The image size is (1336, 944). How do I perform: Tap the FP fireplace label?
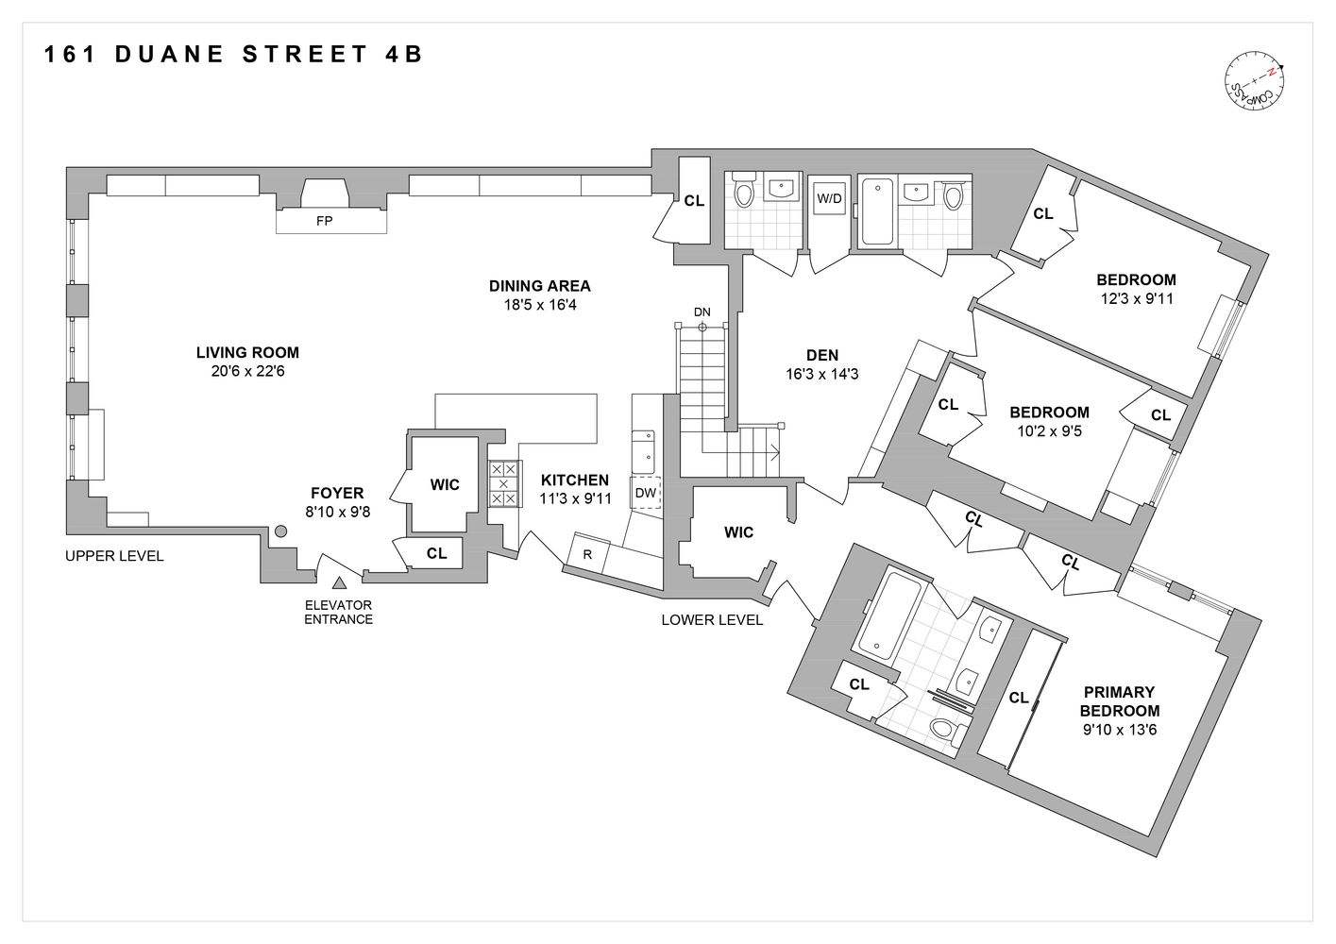pyautogui.click(x=330, y=222)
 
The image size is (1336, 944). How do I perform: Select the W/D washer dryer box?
pyautogui.click(x=829, y=199)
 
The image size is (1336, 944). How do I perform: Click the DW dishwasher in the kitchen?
pyautogui.click(x=646, y=493)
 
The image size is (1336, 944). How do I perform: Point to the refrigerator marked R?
pyautogui.click(x=587, y=554)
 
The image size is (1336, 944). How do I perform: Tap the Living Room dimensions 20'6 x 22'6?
pyautogui.click(x=247, y=371)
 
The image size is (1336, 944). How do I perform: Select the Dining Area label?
pyautogui.click(x=539, y=286)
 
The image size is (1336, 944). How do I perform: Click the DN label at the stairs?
pyautogui.click(x=702, y=312)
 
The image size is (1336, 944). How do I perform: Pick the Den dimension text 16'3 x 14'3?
pyautogui.click(x=821, y=374)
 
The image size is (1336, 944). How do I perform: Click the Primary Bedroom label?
pyautogui.click(x=1120, y=701)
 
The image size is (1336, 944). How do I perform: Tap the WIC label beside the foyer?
pyautogui.click(x=445, y=484)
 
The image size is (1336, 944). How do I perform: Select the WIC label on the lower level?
pyautogui.click(x=738, y=532)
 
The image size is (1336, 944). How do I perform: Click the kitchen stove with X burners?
pyautogui.click(x=503, y=483)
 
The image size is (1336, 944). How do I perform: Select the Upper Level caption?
pyautogui.click(x=114, y=556)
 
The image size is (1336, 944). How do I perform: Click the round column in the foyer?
pyautogui.click(x=280, y=532)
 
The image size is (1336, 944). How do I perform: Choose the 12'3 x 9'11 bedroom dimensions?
pyautogui.click(x=1136, y=298)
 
